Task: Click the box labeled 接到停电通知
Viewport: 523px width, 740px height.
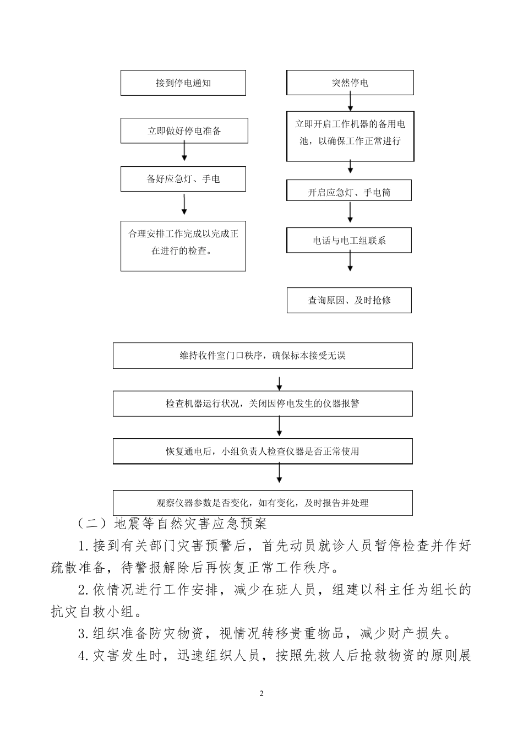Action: [x=183, y=83]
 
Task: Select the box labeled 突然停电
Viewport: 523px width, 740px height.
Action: [x=350, y=83]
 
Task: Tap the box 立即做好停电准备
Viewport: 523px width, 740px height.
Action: [x=184, y=131]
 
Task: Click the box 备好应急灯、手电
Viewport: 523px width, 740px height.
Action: [x=183, y=179]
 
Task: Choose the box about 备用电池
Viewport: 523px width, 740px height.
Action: [x=350, y=135]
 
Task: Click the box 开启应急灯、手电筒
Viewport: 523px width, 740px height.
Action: [x=349, y=192]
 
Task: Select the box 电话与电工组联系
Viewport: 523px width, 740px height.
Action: [x=349, y=241]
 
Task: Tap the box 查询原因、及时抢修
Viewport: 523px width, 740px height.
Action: [x=349, y=301]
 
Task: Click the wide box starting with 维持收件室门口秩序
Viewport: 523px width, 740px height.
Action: [x=263, y=356]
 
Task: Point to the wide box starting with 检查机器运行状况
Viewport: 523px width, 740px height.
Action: [x=263, y=404]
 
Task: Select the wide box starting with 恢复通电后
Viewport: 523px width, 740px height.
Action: [x=263, y=451]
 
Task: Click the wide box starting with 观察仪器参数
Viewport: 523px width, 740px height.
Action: [x=263, y=503]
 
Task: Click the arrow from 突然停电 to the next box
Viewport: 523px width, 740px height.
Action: [x=350, y=102]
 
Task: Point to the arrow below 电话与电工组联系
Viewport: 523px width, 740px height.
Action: [x=350, y=262]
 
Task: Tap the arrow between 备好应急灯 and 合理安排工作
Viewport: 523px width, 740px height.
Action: [x=184, y=204]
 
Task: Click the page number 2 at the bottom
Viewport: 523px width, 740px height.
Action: [x=261, y=693]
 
